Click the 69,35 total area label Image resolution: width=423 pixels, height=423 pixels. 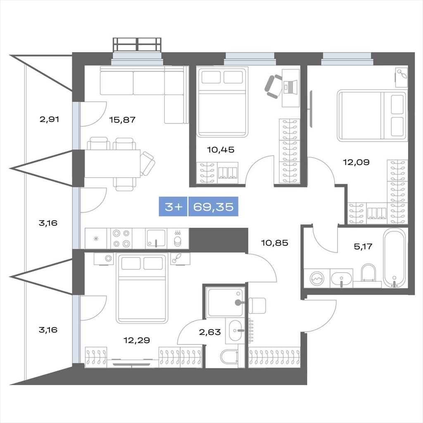pyautogui.click(x=213, y=207)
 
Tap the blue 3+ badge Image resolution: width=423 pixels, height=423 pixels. pyautogui.click(x=173, y=207)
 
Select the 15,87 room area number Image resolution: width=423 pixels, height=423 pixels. pyautogui.click(x=122, y=119)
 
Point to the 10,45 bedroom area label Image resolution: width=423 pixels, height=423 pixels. pyautogui.click(x=221, y=150)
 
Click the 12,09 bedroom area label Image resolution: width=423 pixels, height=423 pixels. pyautogui.click(x=356, y=162)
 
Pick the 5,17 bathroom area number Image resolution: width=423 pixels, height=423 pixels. pyautogui.click(x=363, y=246)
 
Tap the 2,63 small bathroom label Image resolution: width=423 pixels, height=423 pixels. pyautogui.click(x=210, y=332)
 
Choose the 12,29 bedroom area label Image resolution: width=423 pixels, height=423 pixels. pyautogui.click(x=136, y=340)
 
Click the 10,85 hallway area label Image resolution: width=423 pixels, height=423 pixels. pyautogui.click(x=275, y=243)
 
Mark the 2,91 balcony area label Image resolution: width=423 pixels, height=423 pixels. pyautogui.click(x=49, y=119)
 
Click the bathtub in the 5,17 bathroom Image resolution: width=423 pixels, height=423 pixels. pyautogui.click(x=394, y=258)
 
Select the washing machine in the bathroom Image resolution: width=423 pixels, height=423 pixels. pyautogui.click(x=317, y=278)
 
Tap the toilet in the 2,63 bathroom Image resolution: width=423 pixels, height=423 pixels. pyautogui.click(x=229, y=356)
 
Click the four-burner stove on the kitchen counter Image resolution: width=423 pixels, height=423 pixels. pyautogui.click(x=121, y=238)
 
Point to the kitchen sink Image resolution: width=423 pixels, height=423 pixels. pyautogui.click(x=156, y=238)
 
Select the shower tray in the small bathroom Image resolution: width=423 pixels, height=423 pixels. pyautogui.click(x=225, y=302)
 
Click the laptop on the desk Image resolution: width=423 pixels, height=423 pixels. pyautogui.click(x=290, y=87)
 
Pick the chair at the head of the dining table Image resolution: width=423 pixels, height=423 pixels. pyautogui.click(x=147, y=164)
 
